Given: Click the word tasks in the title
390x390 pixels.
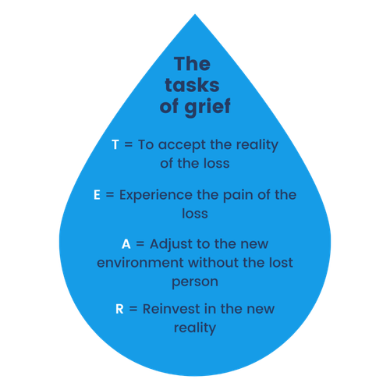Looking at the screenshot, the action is (192, 85).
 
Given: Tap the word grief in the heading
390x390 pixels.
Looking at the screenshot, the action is (207, 107).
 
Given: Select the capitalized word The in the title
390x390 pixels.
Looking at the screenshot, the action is (192, 64).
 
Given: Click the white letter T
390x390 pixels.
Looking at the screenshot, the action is (115, 144).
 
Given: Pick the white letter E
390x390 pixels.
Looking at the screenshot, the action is (97, 195).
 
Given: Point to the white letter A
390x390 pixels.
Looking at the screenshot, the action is (126, 244).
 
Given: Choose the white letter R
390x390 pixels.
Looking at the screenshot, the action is (119, 309).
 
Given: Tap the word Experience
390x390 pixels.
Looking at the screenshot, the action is (155, 195).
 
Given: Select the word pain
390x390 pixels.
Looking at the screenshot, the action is (238, 195).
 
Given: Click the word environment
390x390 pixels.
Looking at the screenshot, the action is (140, 263).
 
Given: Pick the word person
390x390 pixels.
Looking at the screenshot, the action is (195, 282).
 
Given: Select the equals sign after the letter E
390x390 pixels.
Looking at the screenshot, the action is (110, 195).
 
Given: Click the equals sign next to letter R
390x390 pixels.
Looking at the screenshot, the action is (133, 309).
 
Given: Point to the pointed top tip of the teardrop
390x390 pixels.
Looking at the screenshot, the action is (195, 14).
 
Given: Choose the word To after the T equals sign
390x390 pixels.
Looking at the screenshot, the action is (146, 144).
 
